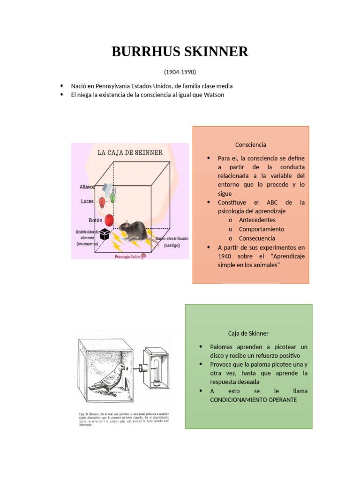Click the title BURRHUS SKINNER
[x=180, y=52]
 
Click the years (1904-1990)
[x=180, y=72]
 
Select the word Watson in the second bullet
[x=214, y=95]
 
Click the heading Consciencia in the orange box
[x=251, y=145]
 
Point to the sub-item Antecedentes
[x=257, y=220]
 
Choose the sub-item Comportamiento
[x=261, y=229]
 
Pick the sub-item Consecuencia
[x=257, y=239]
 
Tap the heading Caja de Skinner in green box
[x=248, y=333]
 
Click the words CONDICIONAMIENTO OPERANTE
[x=254, y=400]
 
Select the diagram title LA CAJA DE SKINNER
[x=130, y=152]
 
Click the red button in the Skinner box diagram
[x=109, y=219]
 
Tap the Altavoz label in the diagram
[x=87, y=187]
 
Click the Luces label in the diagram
[x=87, y=201]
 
